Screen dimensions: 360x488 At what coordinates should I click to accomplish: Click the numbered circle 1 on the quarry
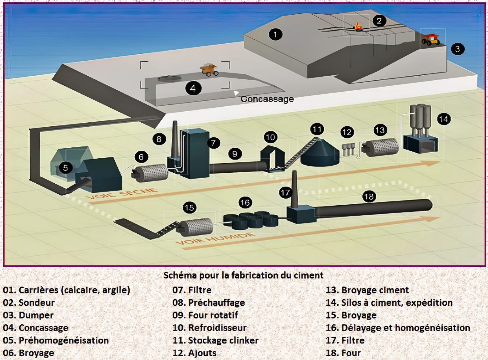(x=275, y=34)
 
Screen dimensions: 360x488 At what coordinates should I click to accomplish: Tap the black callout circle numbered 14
(x=443, y=119)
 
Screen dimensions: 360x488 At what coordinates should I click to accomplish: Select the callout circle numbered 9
(x=235, y=154)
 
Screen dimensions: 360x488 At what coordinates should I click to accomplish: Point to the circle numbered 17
(x=285, y=193)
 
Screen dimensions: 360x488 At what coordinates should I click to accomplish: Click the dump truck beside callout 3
(x=431, y=39)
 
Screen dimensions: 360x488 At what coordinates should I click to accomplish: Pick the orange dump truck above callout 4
(x=209, y=70)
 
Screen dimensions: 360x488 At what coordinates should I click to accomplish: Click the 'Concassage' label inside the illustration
(x=267, y=99)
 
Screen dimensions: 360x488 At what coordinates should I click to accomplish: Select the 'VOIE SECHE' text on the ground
(x=122, y=194)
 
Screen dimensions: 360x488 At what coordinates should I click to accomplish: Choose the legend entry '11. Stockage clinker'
(x=215, y=340)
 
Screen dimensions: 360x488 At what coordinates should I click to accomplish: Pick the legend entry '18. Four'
(x=343, y=353)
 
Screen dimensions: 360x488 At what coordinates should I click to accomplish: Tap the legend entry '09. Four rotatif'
(x=205, y=315)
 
